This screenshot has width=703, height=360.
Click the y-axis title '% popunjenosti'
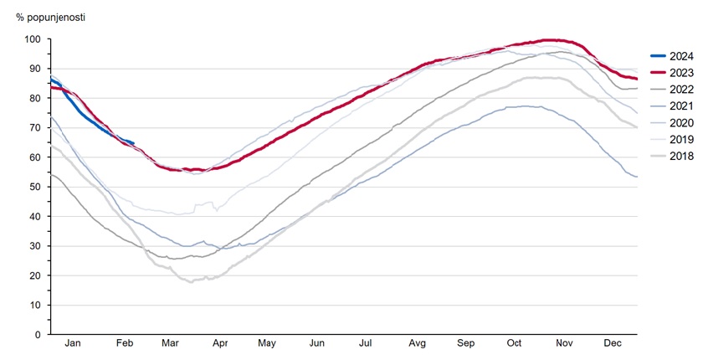pyautogui.click(x=50, y=17)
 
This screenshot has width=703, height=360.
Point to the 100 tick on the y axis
pyautogui.click(x=32, y=39)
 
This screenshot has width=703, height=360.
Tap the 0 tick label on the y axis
pyautogui.click(x=37, y=334)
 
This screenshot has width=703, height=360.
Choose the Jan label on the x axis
pyautogui.click(x=74, y=344)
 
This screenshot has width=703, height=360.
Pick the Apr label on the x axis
pyautogui.click(x=220, y=344)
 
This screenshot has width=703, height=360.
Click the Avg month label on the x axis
pyautogui.click(x=417, y=344)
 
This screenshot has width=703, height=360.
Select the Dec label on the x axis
pyautogui.click(x=613, y=344)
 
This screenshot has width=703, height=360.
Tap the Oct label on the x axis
pyautogui.click(x=514, y=344)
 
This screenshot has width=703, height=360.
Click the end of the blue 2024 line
pyautogui.click(x=134, y=143)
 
